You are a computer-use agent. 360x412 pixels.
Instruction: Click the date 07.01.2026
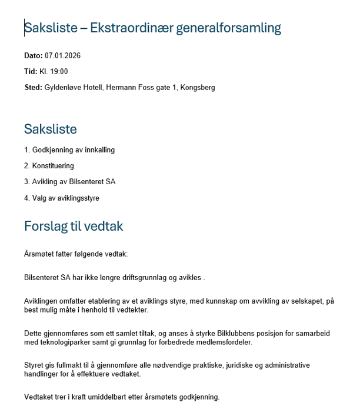62,56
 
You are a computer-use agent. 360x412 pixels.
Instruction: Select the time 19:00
59,72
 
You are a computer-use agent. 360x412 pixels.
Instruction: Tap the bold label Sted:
33,88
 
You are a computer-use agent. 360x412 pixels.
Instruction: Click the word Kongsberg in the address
198,88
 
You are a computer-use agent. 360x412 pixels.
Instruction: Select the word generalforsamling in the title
229,28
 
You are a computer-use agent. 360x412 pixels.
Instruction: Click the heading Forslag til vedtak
74,227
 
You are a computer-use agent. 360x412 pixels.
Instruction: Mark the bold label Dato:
34,56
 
